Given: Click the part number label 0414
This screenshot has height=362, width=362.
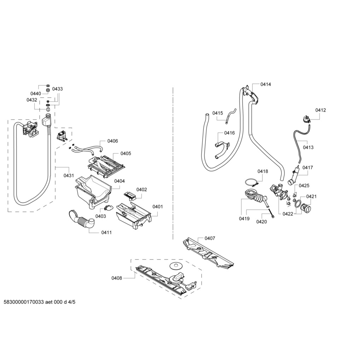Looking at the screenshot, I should (x=265, y=84).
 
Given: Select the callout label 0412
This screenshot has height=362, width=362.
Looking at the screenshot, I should (x=320, y=110).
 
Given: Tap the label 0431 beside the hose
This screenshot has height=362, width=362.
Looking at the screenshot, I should (x=69, y=175).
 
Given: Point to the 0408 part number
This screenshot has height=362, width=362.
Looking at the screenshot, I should (x=117, y=278).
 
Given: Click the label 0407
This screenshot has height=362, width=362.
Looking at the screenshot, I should (x=210, y=239).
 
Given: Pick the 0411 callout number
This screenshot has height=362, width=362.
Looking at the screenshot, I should (x=106, y=233).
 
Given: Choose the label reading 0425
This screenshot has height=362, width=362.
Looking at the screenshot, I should (x=304, y=186).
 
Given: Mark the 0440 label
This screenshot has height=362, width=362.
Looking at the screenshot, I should (x=36, y=94).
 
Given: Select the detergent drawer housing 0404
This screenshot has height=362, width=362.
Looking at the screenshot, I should (x=92, y=191).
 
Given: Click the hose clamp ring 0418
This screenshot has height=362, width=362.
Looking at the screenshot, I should (x=251, y=183).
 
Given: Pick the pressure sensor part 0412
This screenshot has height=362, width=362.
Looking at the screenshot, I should (x=305, y=119).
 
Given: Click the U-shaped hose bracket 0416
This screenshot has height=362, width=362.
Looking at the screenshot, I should (x=222, y=150).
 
